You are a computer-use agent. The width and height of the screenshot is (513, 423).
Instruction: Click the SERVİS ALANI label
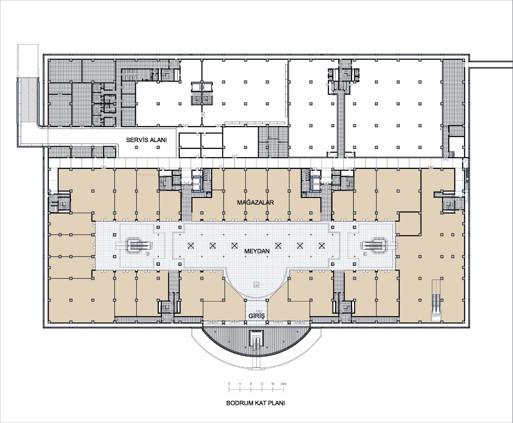click(x=146, y=140)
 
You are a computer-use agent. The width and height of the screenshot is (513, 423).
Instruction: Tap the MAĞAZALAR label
click(x=255, y=203)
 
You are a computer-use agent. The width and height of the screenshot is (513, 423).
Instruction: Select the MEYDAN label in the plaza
click(x=257, y=251)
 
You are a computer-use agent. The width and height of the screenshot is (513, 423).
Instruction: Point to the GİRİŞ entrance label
click(x=256, y=316)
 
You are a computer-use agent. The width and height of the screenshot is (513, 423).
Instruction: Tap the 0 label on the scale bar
click(x=229, y=384)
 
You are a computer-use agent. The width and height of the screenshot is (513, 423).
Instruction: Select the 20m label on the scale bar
click(x=283, y=384)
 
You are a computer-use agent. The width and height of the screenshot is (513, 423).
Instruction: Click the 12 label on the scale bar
click(x=262, y=384)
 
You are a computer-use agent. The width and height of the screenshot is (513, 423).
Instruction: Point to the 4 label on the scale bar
click(x=240, y=384)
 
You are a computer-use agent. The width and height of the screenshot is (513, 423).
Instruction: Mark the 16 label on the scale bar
click(x=273, y=384)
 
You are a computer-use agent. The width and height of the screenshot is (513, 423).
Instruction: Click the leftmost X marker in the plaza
click(x=191, y=246)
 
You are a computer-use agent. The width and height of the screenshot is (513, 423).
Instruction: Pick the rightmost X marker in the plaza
click(x=322, y=246)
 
